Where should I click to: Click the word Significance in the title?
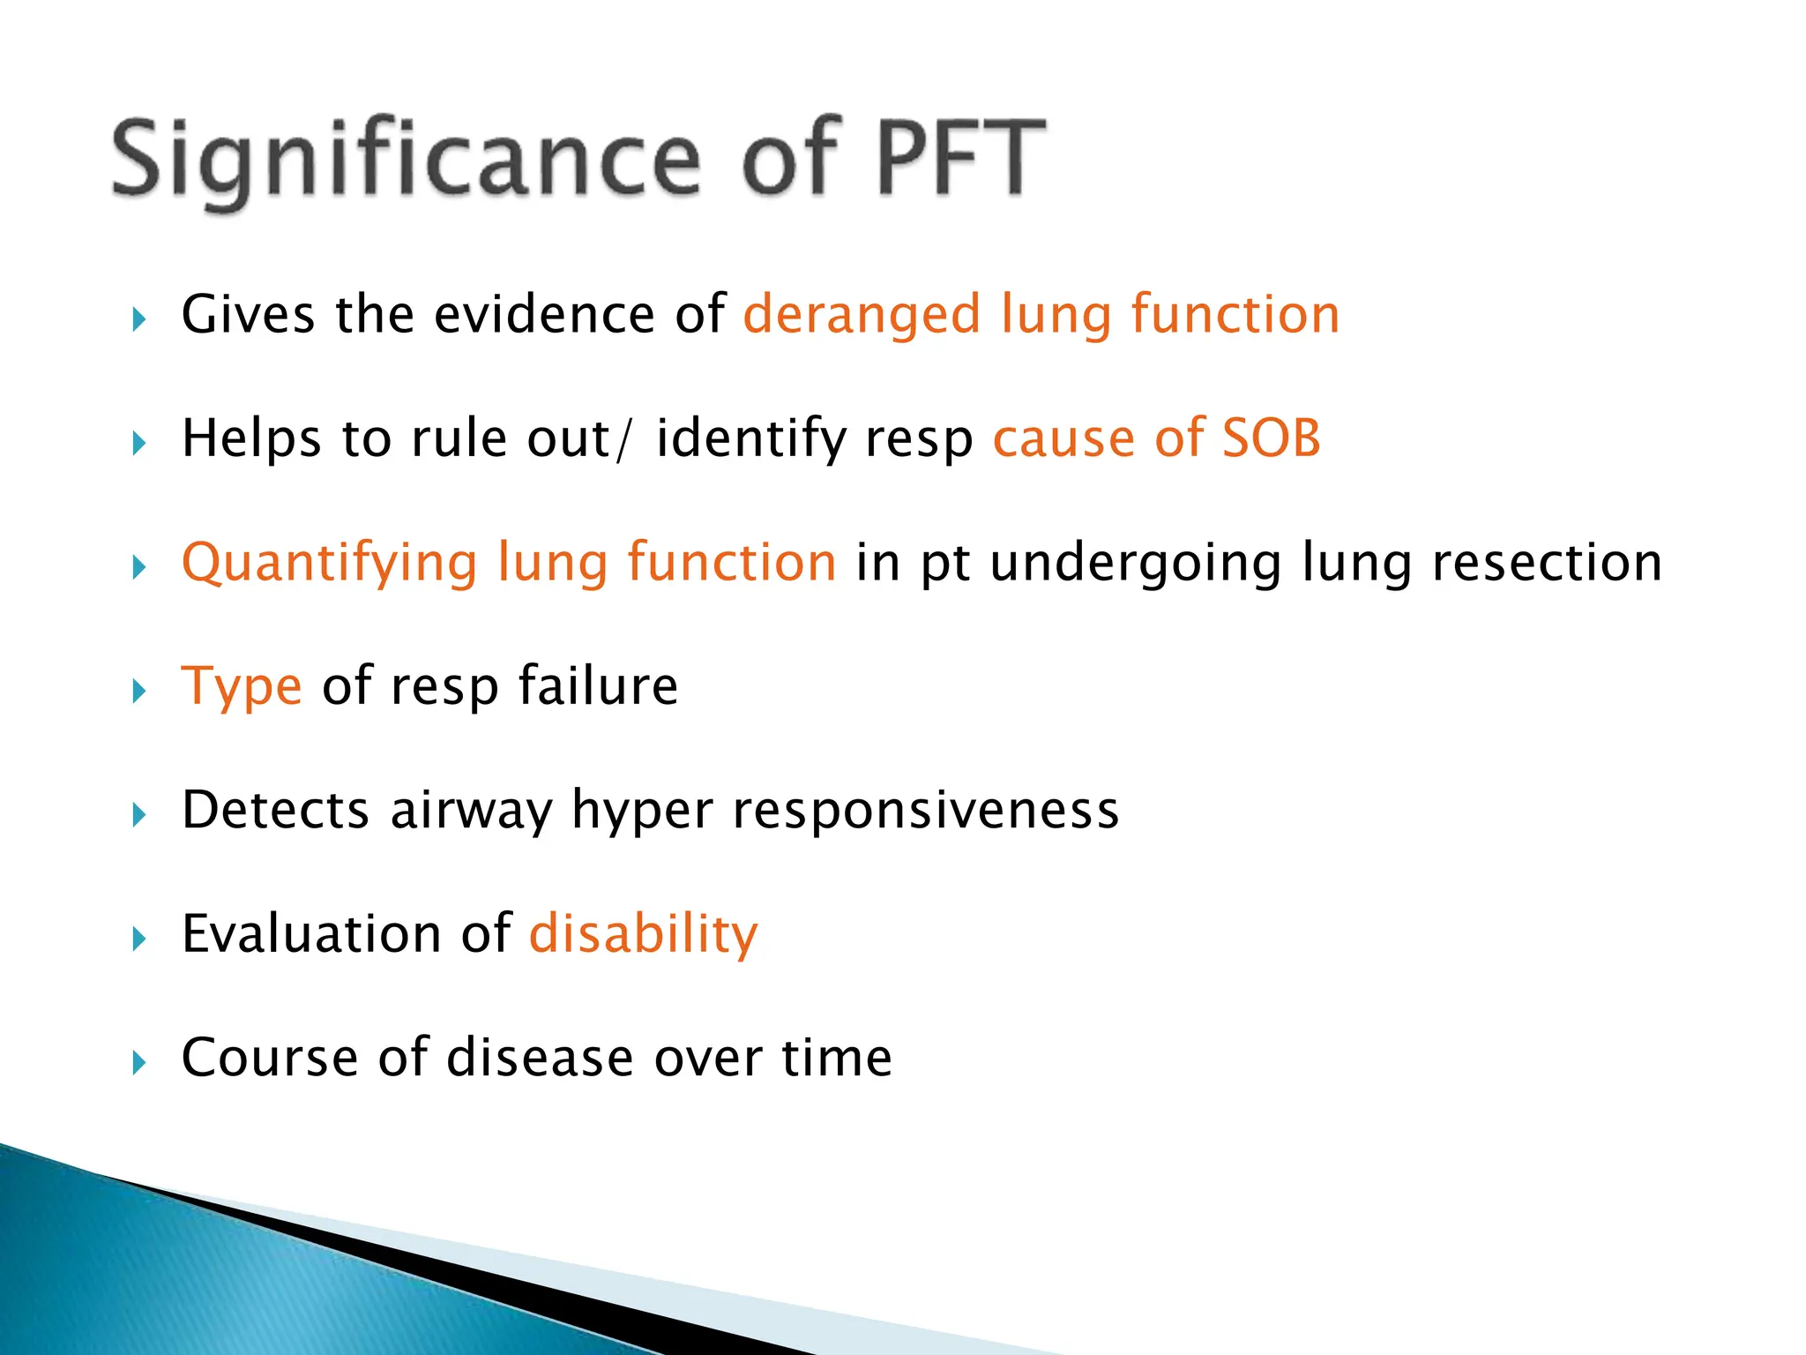tap(406, 159)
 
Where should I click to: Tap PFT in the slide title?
tap(961, 159)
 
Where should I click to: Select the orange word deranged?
tap(862, 315)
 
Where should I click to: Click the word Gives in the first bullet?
tap(248, 315)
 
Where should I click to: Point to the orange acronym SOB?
tap(1271, 438)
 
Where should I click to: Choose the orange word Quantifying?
tap(329, 564)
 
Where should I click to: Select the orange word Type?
tap(241, 687)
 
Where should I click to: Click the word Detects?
tap(275, 810)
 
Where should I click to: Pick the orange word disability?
tap(643, 933)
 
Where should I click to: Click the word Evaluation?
tap(310, 933)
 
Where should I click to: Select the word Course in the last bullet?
tap(270, 1058)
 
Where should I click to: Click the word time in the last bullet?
tap(837, 1058)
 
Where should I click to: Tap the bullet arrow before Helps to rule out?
tap(138, 443)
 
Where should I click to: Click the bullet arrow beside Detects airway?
tap(138, 814)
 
